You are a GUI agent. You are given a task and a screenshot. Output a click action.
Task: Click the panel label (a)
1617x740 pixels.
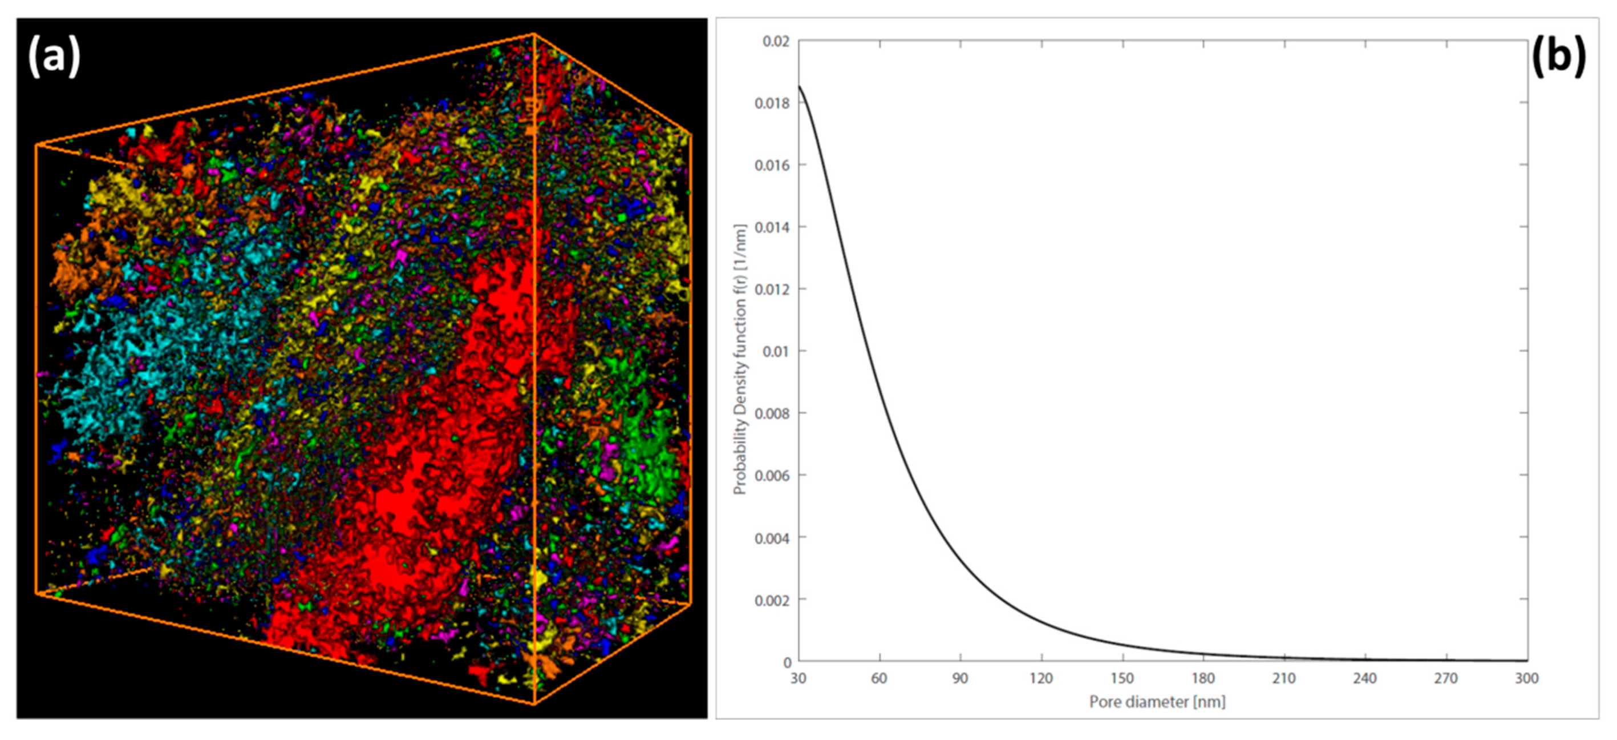(x=54, y=56)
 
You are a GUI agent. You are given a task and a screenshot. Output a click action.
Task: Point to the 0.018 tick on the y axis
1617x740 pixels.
(x=772, y=103)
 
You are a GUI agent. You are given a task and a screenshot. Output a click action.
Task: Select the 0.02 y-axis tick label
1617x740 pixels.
(x=775, y=42)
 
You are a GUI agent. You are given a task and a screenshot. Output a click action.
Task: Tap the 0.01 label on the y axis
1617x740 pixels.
(x=775, y=351)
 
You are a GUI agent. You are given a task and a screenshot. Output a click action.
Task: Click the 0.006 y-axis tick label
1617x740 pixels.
(x=772, y=476)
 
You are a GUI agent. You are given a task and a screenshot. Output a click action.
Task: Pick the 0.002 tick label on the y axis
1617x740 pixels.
(x=772, y=600)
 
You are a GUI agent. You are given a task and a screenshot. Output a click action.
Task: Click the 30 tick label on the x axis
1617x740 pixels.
(x=798, y=678)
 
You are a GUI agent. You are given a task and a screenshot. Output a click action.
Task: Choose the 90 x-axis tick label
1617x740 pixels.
(x=960, y=678)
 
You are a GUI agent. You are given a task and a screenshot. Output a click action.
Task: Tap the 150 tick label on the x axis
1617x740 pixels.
(x=1122, y=678)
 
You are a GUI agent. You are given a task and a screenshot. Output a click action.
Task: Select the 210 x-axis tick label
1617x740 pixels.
(x=1284, y=678)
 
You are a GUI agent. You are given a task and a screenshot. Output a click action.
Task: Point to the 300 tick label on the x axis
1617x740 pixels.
(x=1527, y=678)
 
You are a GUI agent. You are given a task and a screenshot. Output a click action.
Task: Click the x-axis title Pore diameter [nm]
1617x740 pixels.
(x=1157, y=702)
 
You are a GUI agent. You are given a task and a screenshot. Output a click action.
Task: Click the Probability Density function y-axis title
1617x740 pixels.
(x=741, y=359)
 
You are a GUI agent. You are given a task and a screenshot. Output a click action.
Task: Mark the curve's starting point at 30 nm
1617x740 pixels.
(x=799, y=86)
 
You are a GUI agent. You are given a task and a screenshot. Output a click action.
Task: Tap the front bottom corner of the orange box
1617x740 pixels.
(x=534, y=703)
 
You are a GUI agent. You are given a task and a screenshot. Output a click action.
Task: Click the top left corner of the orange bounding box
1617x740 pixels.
(x=37, y=145)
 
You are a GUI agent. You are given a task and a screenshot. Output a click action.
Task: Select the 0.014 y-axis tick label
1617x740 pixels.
(x=772, y=227)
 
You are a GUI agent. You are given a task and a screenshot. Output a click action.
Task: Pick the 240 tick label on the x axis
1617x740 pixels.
(x=1365, y=678)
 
